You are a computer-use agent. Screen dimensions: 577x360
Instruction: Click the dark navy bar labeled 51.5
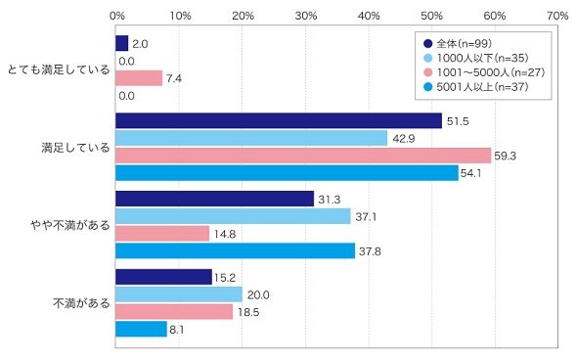pos(279,120)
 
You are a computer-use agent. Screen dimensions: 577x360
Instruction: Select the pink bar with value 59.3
pos(303,156)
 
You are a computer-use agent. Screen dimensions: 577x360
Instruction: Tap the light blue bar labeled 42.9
pos(251,138)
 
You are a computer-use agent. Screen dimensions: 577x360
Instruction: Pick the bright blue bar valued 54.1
pos(287,173)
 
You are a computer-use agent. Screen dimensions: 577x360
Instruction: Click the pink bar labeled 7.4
pos(139,78)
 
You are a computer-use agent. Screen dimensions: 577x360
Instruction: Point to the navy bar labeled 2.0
pos(122,43)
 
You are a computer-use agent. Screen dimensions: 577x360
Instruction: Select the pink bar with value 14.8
pos(162,234)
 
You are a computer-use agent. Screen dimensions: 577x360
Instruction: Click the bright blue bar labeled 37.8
pos(235,251)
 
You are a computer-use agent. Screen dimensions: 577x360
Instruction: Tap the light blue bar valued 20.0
pos(179,294)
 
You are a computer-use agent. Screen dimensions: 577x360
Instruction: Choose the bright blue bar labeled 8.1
pos(141,329)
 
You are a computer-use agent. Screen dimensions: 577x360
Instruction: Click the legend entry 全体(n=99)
pos(458,43)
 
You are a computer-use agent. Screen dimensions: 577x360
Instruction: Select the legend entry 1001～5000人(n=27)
pos(484,72)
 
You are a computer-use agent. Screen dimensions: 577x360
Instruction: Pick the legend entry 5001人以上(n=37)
pos(476,87)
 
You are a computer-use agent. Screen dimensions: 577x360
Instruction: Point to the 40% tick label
pos(369,16)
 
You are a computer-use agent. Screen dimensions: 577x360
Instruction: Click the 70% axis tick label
pos(557,16)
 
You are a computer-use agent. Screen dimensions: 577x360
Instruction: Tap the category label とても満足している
pos(59,69)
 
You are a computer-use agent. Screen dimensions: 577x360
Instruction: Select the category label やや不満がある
pos(70,225)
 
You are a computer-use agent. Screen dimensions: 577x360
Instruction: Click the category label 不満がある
pos(82,303)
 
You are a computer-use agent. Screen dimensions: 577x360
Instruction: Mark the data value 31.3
pos(330,200)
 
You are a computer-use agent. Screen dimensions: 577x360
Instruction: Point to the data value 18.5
pos(248,312)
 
